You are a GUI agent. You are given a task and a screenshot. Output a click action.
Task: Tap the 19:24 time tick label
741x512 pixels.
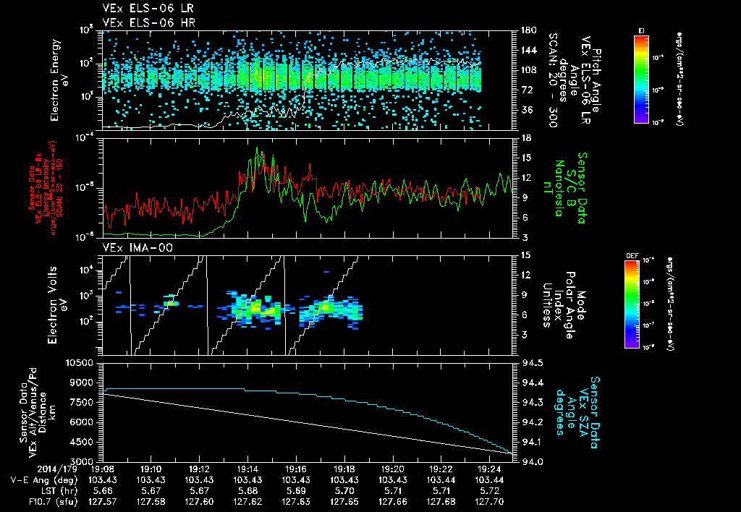pos(490,469)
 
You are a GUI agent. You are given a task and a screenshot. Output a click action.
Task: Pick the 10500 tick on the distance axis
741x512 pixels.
pos(81,362)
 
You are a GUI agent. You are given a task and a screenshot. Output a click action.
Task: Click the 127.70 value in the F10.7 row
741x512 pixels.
pos(490,501)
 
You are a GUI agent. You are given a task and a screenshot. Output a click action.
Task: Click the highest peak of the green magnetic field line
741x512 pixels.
pos(258,149)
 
